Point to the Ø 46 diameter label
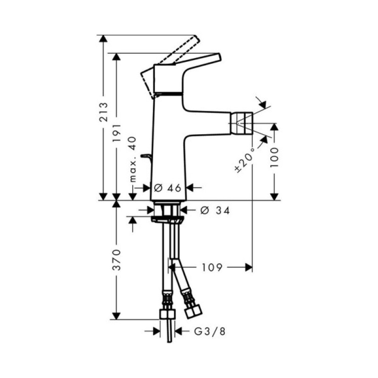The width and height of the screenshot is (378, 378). [168, 188]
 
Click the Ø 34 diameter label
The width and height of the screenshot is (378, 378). [215, 211]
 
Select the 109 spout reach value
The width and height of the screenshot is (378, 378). [209, 268]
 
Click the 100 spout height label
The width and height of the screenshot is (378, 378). [275, 156]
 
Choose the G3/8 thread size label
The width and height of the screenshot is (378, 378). [210, 332]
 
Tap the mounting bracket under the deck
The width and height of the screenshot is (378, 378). [167, 219]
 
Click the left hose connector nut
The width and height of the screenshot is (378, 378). [167, 315]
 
